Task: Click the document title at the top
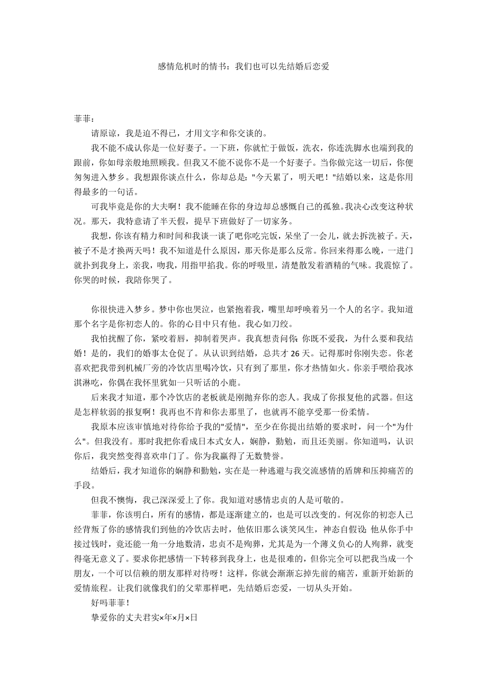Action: (x=243, y=67)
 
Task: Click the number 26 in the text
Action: (x=297, y=354)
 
